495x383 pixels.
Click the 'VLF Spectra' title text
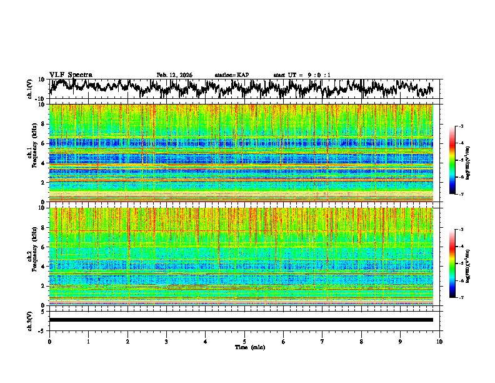[x=71, y=74]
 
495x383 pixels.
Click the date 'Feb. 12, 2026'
[x=174, y=75]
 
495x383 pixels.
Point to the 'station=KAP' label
[x=231, y=75]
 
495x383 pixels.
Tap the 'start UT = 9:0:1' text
[x=302, y=75]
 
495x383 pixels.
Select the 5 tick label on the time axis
[x=244, y=341]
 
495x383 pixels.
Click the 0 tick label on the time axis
[x=49, y=341]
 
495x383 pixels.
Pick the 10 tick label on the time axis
[x=439, y=341]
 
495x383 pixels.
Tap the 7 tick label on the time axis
[x=322, y=341]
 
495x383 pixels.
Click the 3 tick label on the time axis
[x=166, y=341]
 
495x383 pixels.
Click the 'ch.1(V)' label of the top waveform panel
[x=29, y=89]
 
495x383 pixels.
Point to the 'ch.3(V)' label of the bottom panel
[x=29, y=319]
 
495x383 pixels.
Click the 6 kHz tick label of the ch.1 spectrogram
[x=44, y=143]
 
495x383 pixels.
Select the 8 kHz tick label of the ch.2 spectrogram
[x=44, y=228]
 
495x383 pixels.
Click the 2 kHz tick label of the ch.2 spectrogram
[x=44, y=286]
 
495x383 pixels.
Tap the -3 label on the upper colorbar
[x=461, y=126]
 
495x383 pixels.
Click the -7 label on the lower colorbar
[x=461, y=298]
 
